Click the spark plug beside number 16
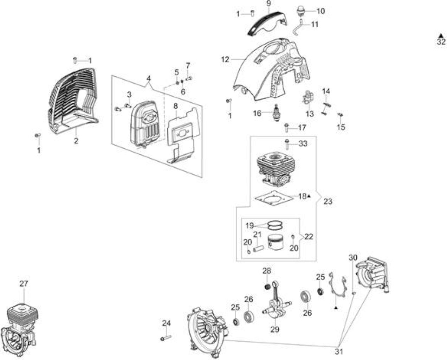277,113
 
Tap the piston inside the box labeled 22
276,243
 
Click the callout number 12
225,60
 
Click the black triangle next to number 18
309,196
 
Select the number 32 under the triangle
441,42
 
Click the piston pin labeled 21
258,248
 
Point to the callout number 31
339,352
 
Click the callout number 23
328,201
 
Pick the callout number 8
176,106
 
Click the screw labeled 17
286,128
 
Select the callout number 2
76,141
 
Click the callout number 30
353,258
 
